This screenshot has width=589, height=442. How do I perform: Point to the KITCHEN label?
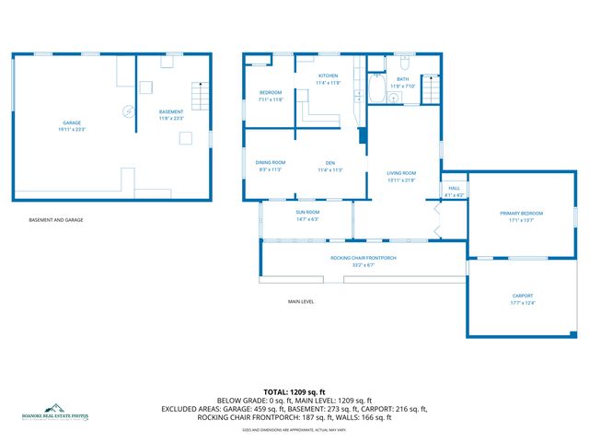point(329,76)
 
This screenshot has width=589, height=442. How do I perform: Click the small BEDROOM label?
point(270,93)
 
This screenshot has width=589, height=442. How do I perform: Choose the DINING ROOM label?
point(271,163)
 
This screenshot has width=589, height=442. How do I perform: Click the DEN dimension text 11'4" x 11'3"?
point(329,170)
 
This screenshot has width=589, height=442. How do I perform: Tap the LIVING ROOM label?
point(401,173)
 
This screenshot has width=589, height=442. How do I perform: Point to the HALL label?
point(454,188)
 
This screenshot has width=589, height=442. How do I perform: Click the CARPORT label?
point(522,296)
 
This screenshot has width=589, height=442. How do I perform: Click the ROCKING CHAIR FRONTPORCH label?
point(364,258)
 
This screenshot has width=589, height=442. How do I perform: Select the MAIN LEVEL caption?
point(301,301)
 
